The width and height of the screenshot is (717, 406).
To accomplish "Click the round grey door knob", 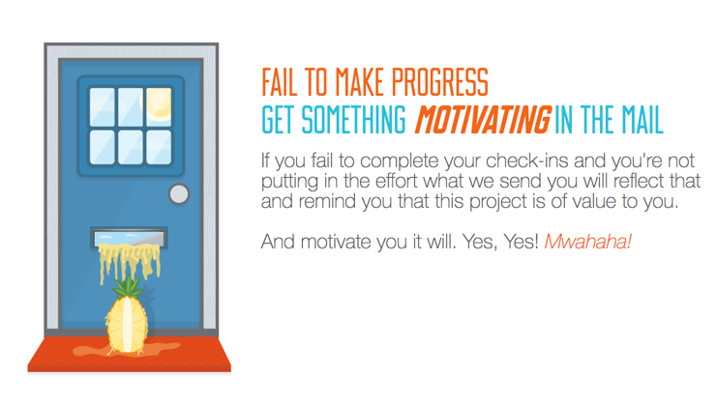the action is (x=179, y=194).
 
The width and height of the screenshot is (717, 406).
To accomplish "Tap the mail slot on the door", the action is (x=129, y=238).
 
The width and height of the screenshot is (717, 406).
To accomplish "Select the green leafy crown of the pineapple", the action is (x=128, y=288).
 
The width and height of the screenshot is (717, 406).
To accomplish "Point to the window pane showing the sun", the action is (x=159, y=107).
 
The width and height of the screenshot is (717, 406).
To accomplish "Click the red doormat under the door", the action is (x=129, y=355).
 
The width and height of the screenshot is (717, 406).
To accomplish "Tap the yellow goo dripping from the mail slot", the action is (x=130, y=263).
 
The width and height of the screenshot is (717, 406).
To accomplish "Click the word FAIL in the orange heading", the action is (x=280, y=82).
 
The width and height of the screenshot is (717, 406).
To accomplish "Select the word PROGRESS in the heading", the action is (x=440, y=82).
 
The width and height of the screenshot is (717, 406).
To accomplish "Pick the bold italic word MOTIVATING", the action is (x=483, y=120).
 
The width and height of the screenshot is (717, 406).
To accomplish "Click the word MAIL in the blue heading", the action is (x=642, y=120).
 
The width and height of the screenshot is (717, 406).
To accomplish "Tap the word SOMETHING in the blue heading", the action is (x=353, y=120).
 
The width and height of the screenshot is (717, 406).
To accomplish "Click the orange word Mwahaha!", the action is (x=588, y=241).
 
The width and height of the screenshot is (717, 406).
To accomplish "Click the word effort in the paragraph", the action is (x=398, y=181).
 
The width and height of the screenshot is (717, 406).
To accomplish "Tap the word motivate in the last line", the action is (x=338, y=242).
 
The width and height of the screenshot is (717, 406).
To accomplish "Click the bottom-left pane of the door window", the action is (x=102, y=147).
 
